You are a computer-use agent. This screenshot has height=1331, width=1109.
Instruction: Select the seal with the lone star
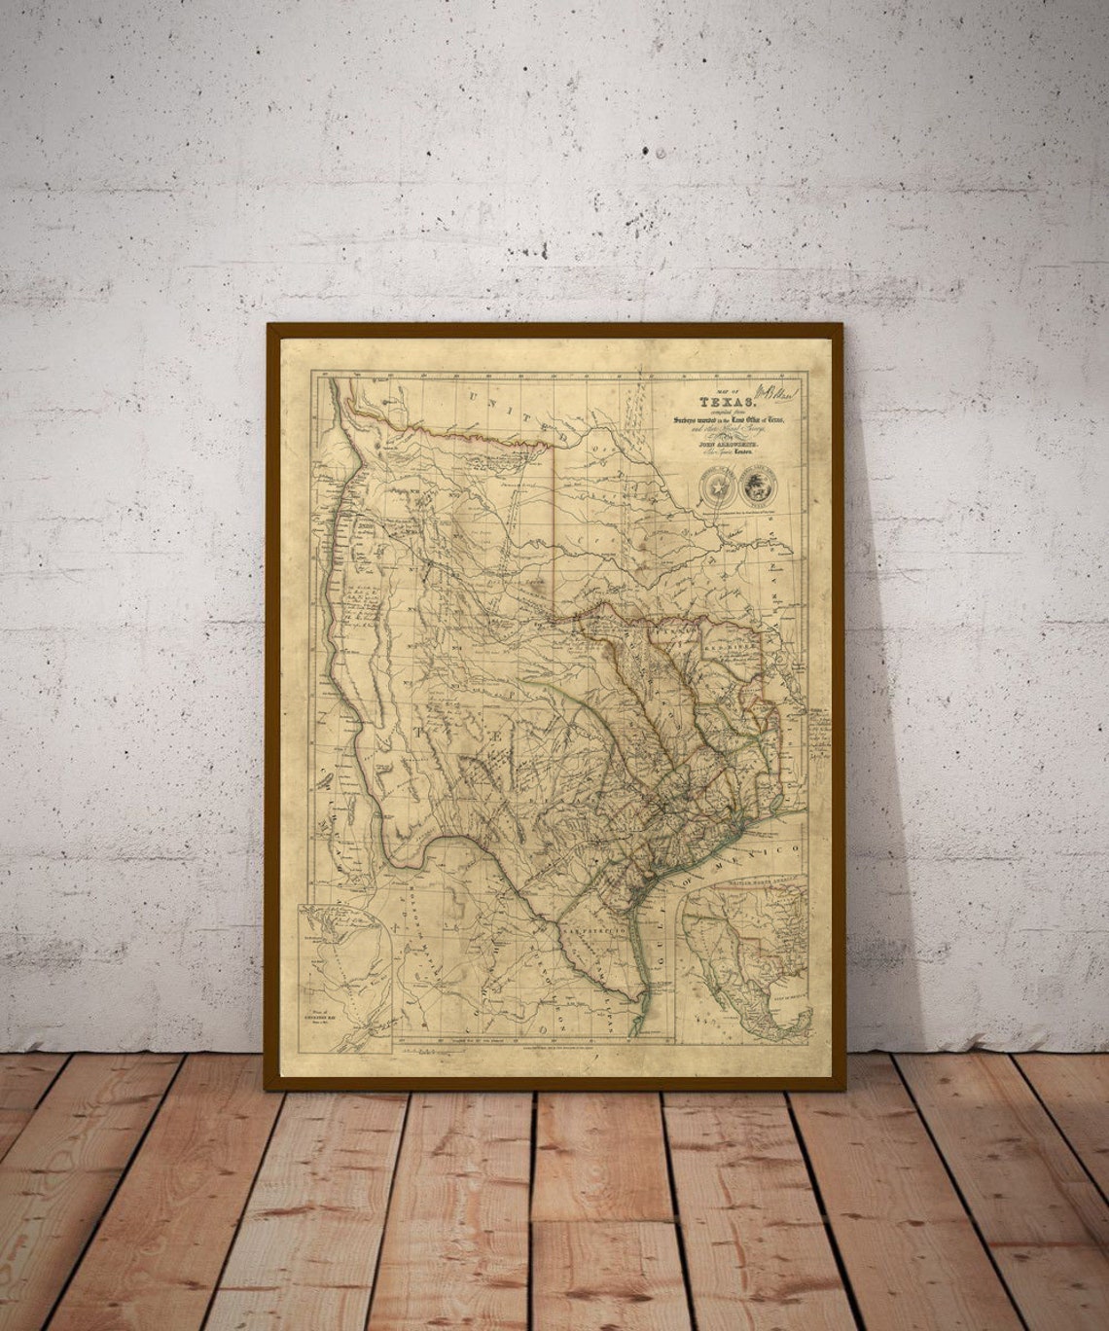(x=719, y=485)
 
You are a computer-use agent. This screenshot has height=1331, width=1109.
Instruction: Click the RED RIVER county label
(x=725, y=644)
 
